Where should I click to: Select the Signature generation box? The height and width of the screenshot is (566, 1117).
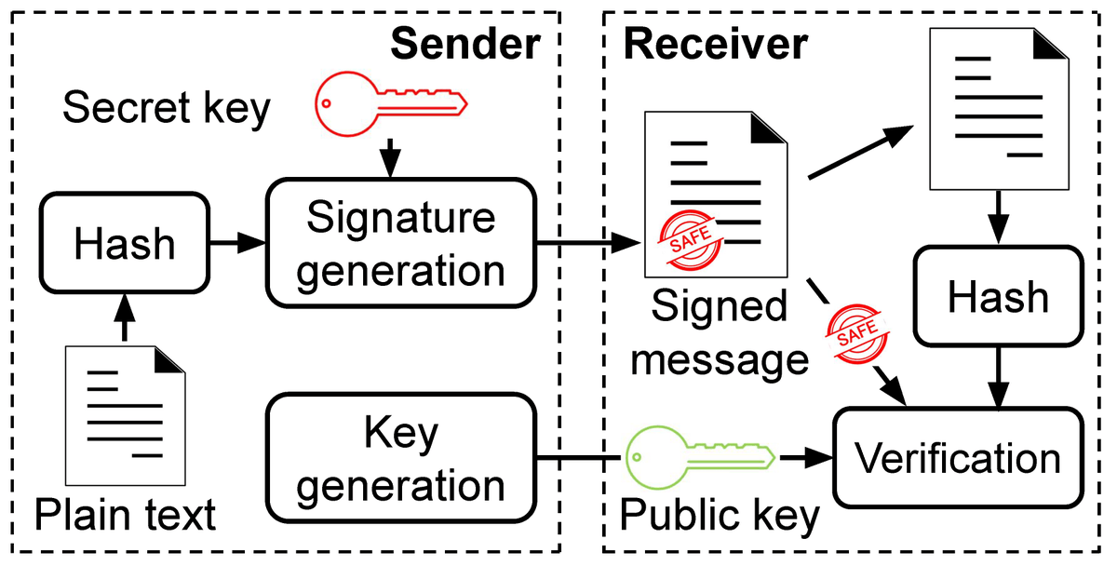point(401,243)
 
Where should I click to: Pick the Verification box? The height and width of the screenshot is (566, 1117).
point(958,458)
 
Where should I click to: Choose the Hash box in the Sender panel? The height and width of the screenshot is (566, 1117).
point(124,244)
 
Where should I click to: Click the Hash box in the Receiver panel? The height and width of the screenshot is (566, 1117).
point(998,297)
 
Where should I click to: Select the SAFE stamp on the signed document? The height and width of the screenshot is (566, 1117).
point(690,238)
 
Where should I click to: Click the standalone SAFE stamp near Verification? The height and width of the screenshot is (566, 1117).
point(855,333)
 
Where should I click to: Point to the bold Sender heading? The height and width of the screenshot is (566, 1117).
point(464,44)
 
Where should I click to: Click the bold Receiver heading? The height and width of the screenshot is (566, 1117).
point(715,44)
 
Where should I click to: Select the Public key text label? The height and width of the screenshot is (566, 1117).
point(719,515)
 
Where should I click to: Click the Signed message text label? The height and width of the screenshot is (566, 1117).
point(719,333)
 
